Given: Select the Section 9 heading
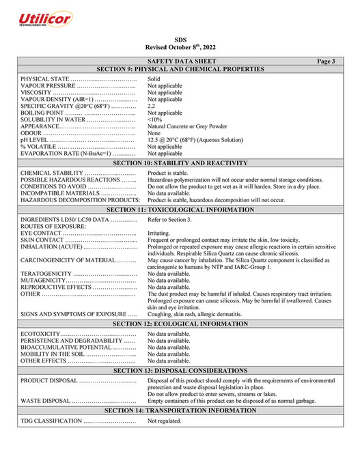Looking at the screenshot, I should click(180, 70).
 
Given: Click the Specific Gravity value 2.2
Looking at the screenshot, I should click(152, 106).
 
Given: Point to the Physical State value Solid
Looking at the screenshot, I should click(154, 79).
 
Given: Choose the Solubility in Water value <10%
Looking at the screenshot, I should click(154, 119).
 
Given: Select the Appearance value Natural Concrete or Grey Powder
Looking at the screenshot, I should click(187, 126).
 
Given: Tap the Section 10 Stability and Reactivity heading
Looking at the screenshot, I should click(180, 164).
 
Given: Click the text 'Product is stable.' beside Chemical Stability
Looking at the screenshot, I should click(169, 173).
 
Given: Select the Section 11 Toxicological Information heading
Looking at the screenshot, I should click(180, 210).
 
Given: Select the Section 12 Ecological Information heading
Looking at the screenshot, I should click(180, 324).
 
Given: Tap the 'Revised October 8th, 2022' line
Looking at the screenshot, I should click(180, 48).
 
